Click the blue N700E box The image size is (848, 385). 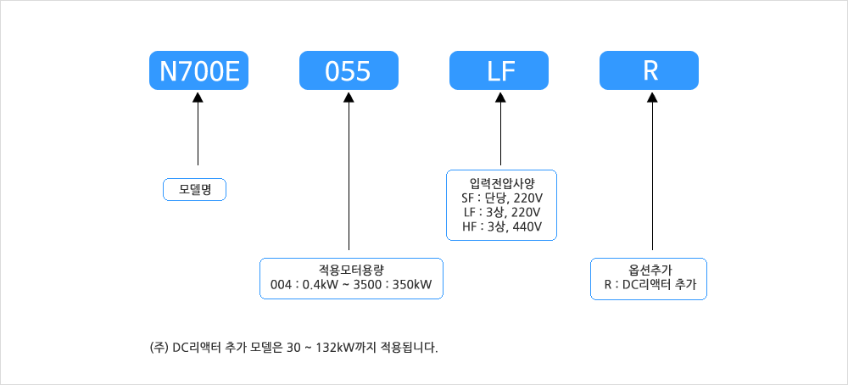[x=199, y=71]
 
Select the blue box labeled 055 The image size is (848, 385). [x=349, y=71]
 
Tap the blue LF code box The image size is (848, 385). [x=500, y=71]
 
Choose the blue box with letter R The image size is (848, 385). [x=650, y=71]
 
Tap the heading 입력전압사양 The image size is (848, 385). [x=502, y=181]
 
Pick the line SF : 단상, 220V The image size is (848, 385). [x=502, y=197]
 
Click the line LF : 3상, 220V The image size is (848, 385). [x=502, y=211]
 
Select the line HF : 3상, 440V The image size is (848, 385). [x=502, y=226]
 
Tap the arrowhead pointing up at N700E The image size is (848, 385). [x=198, y=98]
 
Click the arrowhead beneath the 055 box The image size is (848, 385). [x=349, y=98]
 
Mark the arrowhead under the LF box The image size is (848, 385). [x=500, y=98]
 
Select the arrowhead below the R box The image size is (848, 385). [x=651, y=98]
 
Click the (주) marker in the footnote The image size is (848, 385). [x=158, y=347]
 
